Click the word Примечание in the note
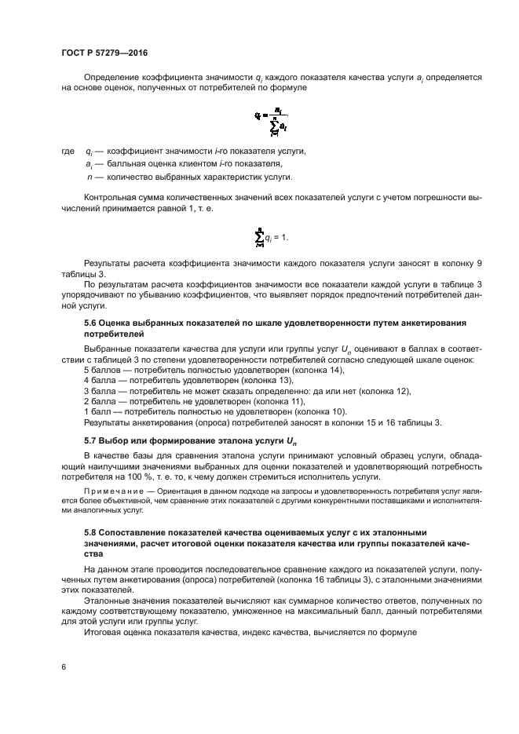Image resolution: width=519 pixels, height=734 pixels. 113,488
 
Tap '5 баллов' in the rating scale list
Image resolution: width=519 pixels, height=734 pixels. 101,368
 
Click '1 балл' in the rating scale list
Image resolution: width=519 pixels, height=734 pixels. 97,411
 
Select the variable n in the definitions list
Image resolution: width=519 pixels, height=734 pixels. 90,177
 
